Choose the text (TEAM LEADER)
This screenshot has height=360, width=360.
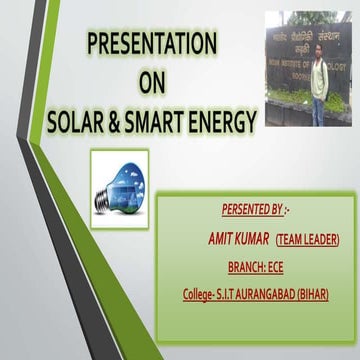click(308, 239)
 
